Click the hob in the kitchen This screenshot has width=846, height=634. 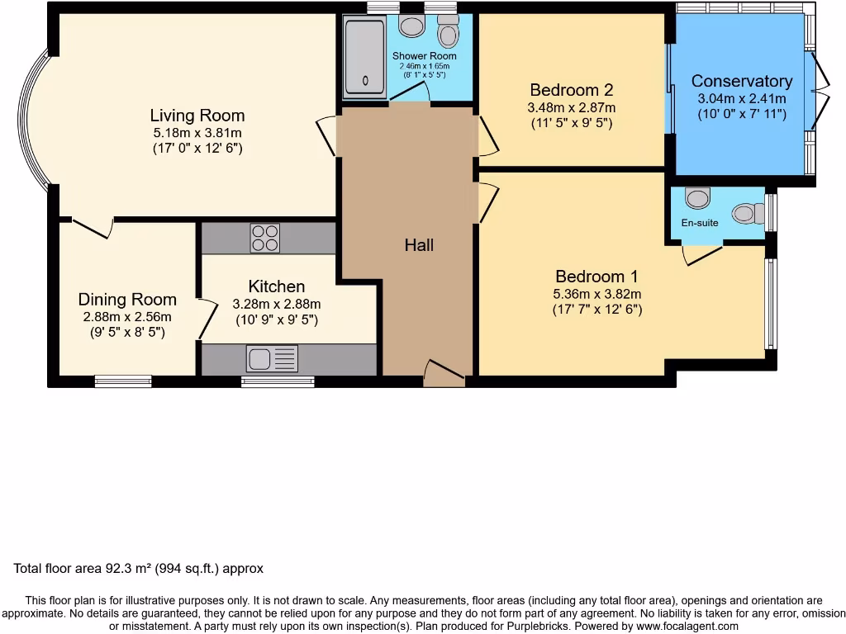coord(265,238)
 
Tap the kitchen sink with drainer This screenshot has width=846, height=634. coord(272,358)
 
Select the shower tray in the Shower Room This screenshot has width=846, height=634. coord(364,57)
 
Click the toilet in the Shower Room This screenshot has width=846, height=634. coord(448,31)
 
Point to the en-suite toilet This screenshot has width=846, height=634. coord(748,214)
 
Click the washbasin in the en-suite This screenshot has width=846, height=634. coord(697,198)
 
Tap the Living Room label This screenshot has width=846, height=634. coord(197,116)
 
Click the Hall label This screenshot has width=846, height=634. coord(419,245)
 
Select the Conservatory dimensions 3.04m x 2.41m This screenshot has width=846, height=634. coord(742,99)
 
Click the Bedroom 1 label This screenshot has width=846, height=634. coord(596,277)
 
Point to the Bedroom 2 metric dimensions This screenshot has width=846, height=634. coord(572,108)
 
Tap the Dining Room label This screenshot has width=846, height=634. coord(127,299)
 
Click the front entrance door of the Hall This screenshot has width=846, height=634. coord(444,373)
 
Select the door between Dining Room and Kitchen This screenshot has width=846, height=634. coord(207,319)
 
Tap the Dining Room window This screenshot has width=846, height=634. coord(123,381)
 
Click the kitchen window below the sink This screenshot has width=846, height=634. coord(278,381)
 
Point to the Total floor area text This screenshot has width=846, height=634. coord(139,568)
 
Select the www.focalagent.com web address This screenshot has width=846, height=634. coord(687,626)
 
